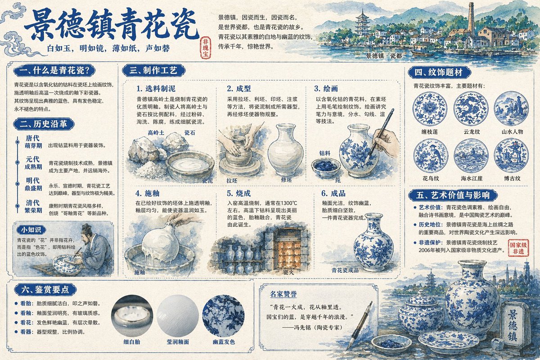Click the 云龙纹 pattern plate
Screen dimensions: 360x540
(471, 108)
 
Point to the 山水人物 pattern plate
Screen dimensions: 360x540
(511, 108)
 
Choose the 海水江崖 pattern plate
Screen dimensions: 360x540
(471, 155)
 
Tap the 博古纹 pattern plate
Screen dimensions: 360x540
(511, 155)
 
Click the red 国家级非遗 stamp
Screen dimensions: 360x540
(518, 247)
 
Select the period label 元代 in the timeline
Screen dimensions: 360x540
(33, 159)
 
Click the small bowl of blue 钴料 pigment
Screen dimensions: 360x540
(326, 166)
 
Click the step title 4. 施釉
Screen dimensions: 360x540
(148, 193)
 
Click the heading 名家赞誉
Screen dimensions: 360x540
(283, 294)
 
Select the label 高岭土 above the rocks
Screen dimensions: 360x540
(156, 133)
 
